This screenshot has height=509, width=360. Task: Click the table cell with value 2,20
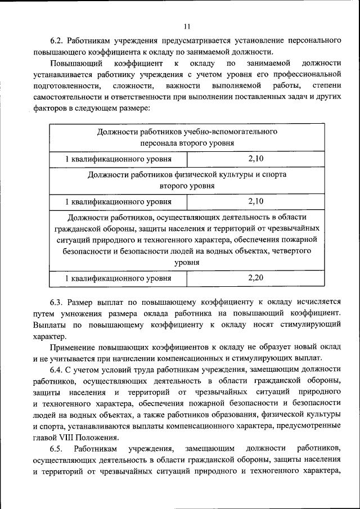[x=255, y=277]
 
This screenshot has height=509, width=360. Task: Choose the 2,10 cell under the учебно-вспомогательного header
[x=255, y=159]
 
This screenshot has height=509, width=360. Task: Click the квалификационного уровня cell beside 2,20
[x=118, y=278]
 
